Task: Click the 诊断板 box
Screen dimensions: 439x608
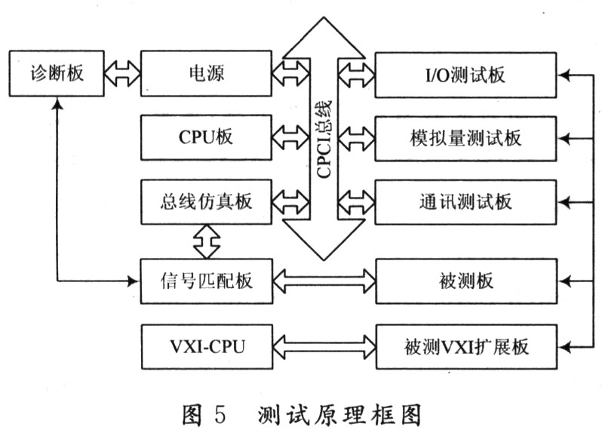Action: pos(57,73)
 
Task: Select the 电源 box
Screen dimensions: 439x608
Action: pos(206,73)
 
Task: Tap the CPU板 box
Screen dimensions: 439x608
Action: pos(206,138)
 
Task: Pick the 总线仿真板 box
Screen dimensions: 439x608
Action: pos(206,202)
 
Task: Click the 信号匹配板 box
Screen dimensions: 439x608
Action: pos(206,281)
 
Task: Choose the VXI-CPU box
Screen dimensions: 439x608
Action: pos(206,347)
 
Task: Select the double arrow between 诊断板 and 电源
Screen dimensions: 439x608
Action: pos(123,73)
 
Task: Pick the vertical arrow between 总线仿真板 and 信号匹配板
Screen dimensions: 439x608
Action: pos(206,241)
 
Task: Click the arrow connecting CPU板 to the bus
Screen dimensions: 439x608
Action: pos(290,138)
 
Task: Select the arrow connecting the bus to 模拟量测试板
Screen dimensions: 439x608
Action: pos(356,138)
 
